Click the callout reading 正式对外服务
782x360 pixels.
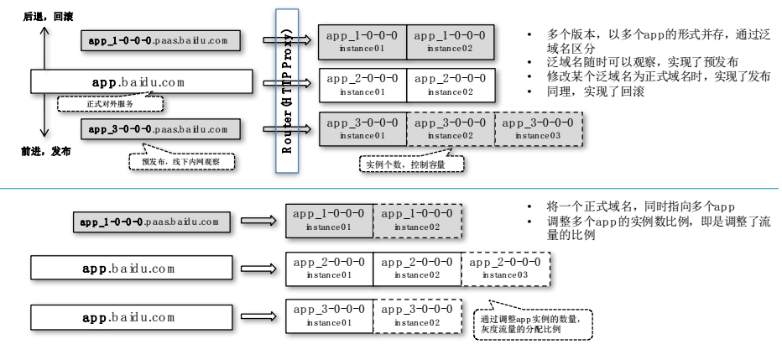[x=109, y=102]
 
